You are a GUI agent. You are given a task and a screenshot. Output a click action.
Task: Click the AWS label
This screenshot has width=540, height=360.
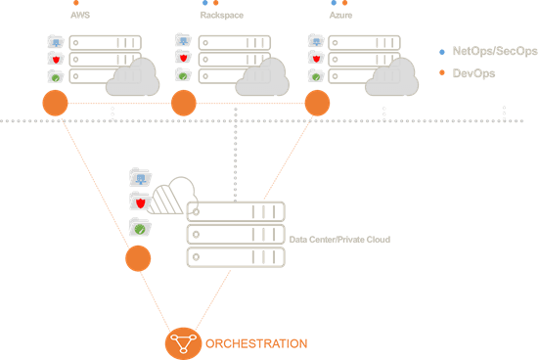pyautogui.click(x=77, y=16)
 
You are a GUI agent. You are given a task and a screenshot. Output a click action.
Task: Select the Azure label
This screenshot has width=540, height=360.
pyautogui.click(x=339, y=16)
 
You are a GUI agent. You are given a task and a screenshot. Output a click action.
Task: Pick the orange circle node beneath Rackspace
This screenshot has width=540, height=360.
pyautogui.click(x=184, y=103)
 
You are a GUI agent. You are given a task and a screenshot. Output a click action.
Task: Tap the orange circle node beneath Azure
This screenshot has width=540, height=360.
pyautogui.click(x=317, y=103)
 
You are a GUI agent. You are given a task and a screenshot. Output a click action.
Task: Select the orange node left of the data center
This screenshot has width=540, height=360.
pyautogui.click(x=138, y=259)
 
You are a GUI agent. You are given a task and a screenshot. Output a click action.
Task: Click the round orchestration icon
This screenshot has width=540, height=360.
pyautogui.click(x=181, y=343)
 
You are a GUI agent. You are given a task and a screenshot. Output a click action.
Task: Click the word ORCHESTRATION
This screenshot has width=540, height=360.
pyautogui.click(x=255, y=343)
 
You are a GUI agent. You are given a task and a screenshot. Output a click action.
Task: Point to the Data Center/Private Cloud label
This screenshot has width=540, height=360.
pyautogui.click(x=339, y=239)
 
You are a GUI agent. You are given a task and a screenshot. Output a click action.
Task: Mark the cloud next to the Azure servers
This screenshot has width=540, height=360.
pyautogui.click(x=391, y=78)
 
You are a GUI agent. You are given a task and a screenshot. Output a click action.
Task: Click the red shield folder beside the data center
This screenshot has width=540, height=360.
pyautogui.click(x=140, y=202)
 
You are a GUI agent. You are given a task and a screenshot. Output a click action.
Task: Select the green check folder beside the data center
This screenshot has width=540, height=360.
pyautogui.click(x=140, y=227)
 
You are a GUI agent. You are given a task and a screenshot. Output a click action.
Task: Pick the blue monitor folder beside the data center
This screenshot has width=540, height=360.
pyautogui.click(x=140, y=178)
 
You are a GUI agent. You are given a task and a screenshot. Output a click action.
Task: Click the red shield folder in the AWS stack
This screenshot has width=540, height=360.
pyautogui.click(x=56, y=58)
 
